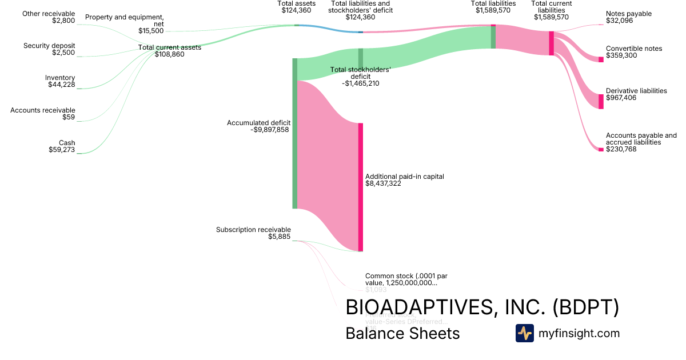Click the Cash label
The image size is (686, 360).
67,143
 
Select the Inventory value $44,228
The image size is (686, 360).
61,85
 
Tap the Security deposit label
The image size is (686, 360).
49,46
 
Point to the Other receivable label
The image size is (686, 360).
49,14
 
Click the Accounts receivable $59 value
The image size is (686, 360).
69,118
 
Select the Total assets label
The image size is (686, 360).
296,3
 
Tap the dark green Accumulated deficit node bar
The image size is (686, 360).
295,133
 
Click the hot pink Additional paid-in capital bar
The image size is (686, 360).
361,187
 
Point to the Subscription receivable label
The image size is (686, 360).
253,230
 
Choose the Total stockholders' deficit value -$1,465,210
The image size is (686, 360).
361,83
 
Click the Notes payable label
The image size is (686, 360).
628,14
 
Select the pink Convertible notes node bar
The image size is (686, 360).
601,59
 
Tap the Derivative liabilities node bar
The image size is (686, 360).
601,101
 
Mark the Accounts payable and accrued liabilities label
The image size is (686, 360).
641,139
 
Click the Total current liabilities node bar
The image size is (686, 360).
551,43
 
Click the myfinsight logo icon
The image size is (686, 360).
524,333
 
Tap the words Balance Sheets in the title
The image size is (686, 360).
402,334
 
